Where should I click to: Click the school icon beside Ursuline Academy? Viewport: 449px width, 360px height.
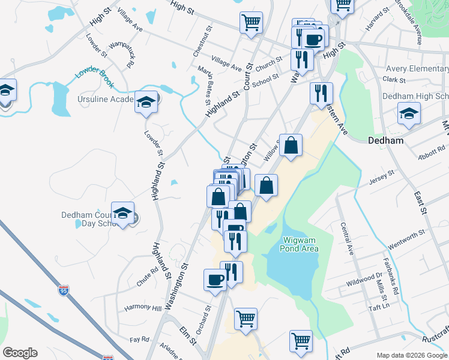point(146,103)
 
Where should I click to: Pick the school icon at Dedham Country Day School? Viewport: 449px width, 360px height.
point(123,214)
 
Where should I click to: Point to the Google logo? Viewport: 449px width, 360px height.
point(20,353)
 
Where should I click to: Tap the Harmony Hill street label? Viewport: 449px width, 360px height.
point(143,308)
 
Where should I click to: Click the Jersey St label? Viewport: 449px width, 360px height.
point(382,175)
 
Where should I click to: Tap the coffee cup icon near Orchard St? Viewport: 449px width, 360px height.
point(215,280)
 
